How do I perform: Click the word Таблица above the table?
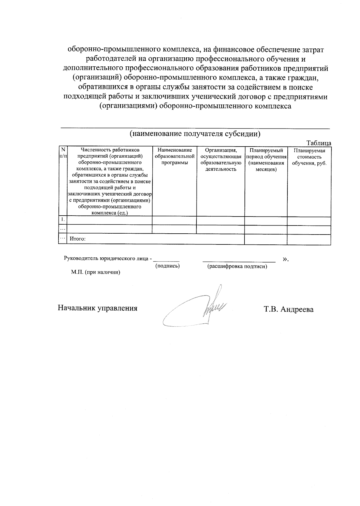(x=319, y=143)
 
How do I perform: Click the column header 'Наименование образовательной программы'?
(x=175, y=156)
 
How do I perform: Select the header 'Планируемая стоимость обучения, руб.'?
(x=309, y=157)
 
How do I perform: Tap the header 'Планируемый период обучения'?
(x=266, y=160)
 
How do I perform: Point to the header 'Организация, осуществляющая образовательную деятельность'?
(x=221, y=159)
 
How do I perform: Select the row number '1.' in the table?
(x=63, y=220)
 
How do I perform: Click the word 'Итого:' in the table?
(x=78, y=239)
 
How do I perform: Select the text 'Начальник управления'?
(x=97, y=308)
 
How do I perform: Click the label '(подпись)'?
(x=167, y=266)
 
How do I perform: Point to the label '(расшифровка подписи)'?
(x=237, y=266)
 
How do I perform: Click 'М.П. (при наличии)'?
(x=95, y=272)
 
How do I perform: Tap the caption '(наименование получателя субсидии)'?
(x=195, y=134)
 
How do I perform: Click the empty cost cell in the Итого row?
(x=309, y=239)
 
